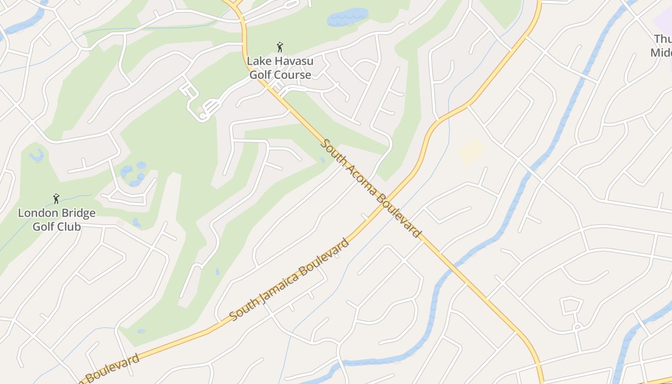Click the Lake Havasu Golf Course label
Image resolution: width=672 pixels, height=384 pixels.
tap(280, 68)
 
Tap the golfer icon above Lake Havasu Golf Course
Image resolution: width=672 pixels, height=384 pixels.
tap(280, 47)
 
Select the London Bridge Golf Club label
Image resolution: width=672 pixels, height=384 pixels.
tap(57, 219)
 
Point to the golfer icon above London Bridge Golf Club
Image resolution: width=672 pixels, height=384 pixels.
tap(56, 199)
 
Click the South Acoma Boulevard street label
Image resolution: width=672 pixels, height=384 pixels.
tap(371, 188)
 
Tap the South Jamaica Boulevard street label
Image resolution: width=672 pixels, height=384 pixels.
tap(289, 279)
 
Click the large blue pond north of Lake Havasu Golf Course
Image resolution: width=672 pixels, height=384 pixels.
tap(347, 17)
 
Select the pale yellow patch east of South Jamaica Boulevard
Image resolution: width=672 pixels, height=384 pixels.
tap(471, 152)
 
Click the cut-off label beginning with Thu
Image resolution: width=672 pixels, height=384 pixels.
tap(662, 46)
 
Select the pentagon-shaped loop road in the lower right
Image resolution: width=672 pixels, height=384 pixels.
tap(572, 306)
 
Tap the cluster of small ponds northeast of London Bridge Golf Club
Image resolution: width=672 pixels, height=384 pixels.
tap(133, 173)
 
